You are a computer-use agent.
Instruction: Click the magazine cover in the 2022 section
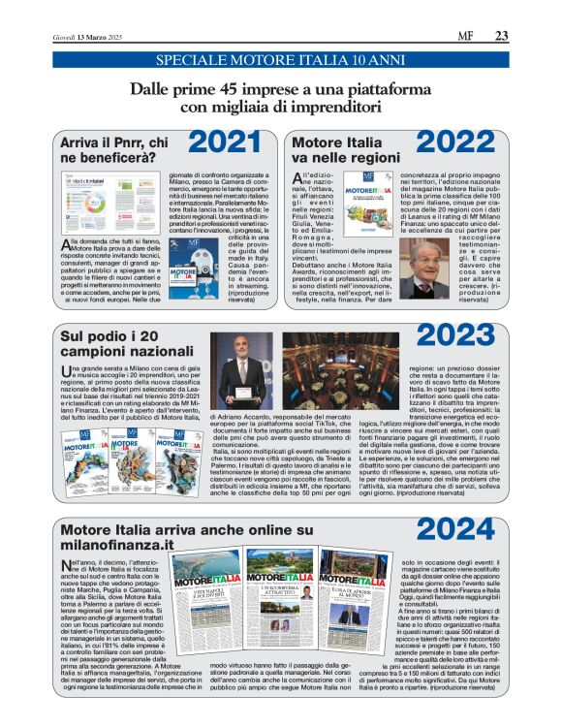(x=361, y=197)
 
